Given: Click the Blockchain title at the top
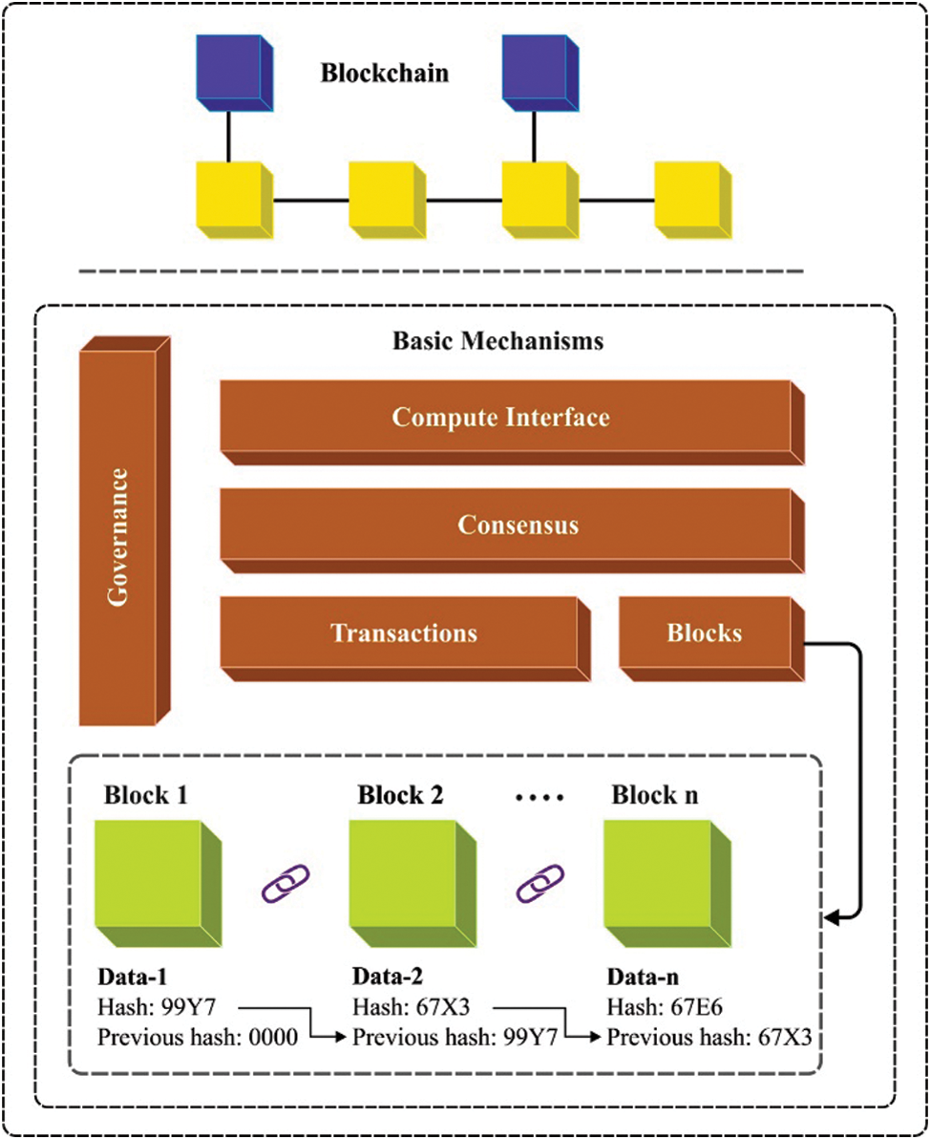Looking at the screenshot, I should pos(384,73).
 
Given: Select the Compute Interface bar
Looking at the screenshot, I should pos(499,419).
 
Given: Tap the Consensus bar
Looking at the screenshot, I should pos(518,526).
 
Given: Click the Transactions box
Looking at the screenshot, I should pos(403,634).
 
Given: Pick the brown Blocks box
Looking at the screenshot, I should pos(705,634).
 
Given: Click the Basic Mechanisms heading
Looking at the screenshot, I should pos(497,340).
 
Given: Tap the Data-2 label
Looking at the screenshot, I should pos(388,979).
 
